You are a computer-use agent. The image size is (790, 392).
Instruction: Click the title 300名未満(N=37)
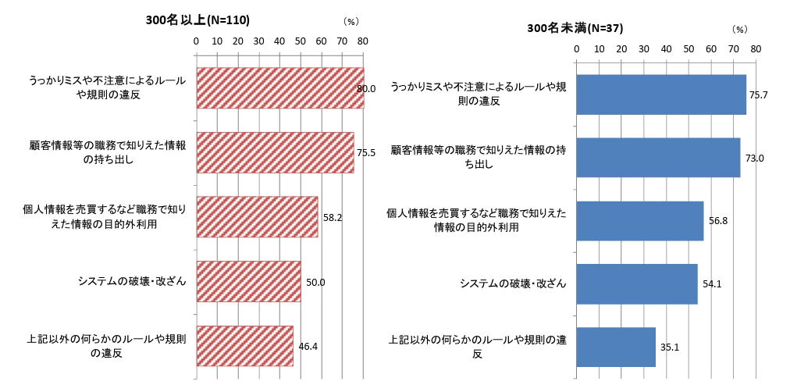click(x=575, y=28)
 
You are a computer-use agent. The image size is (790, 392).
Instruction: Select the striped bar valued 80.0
click(x=279, y=87)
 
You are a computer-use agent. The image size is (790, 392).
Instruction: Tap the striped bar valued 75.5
click(x=275, y=152)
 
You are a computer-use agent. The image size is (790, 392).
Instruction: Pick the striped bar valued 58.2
click(x=257, y=216)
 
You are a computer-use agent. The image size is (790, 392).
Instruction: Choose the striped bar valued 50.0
click(x=248, y=280)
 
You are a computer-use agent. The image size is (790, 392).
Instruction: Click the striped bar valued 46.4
click(x=244, y=345)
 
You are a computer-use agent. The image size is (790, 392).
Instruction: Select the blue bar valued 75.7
click(x=661, y=94)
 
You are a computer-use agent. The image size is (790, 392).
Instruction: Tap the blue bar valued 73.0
click(x=658, y=157)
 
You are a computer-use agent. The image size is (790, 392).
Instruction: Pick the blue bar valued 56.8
click(x=640, y=220)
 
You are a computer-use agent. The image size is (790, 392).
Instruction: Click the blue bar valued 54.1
click(x=637, y=283)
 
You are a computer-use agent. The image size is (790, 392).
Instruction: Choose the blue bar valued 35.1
click(x=616, y=347)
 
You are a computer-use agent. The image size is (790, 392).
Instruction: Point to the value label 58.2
click(x=333, y=218)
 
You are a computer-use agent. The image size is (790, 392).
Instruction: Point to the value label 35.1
click(x=670, y=347)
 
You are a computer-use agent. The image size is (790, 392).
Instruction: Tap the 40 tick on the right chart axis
click(x=666, y=48)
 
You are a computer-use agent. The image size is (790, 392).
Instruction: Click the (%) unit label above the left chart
click(x=351, y=22)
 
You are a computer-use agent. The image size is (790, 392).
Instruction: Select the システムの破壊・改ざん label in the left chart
click(x=131, y=280)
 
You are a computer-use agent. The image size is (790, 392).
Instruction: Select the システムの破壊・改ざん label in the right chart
click(x=512, y=283)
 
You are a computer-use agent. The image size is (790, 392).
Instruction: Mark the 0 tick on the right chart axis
click(x=576, y=48)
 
